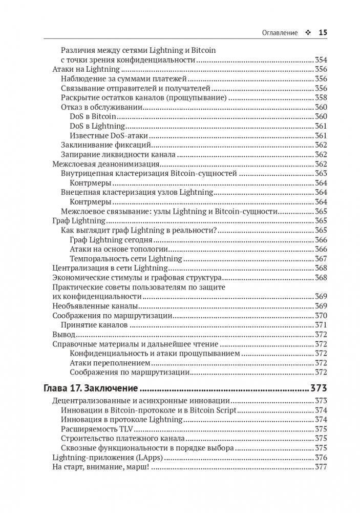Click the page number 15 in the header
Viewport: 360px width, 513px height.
pyautogui.click(x=323, y=32)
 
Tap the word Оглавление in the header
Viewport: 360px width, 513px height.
pyautogui.click(x=280, y=32)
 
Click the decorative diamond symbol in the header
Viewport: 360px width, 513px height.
pyautogui.click(x=308, y=32)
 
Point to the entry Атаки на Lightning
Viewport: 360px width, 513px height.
pyautogui.click(x=86, y=69)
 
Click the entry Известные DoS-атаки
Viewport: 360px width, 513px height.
pyautogui.click(x=109, y=135)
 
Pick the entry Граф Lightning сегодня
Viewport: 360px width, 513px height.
pyautogui.click(x=111, y=239)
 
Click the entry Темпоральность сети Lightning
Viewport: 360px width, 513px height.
pyautogui.click(x=126, y=258)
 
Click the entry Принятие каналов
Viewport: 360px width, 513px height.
pyautogui.click(x=90, y=324)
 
